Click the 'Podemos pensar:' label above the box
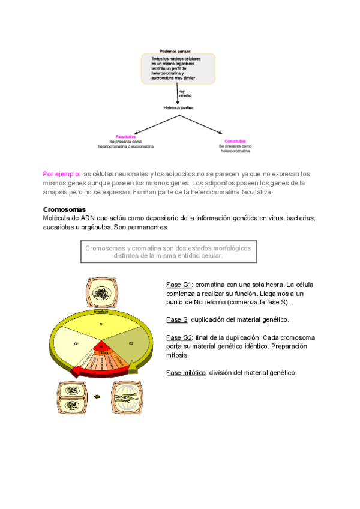click(x=175, y=51)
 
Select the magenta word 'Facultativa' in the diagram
click(x=125, y=141)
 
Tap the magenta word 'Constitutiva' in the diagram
click(x=235, y=141)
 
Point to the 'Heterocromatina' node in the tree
click(x=179, y=108)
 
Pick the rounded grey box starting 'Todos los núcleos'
click(x=178, y=68)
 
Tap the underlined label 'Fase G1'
click(x=178, y=284)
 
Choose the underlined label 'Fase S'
click(x=177, y=319)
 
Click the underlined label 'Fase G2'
click(x=178, y=337)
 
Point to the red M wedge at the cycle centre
click(x=101, y=348)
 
